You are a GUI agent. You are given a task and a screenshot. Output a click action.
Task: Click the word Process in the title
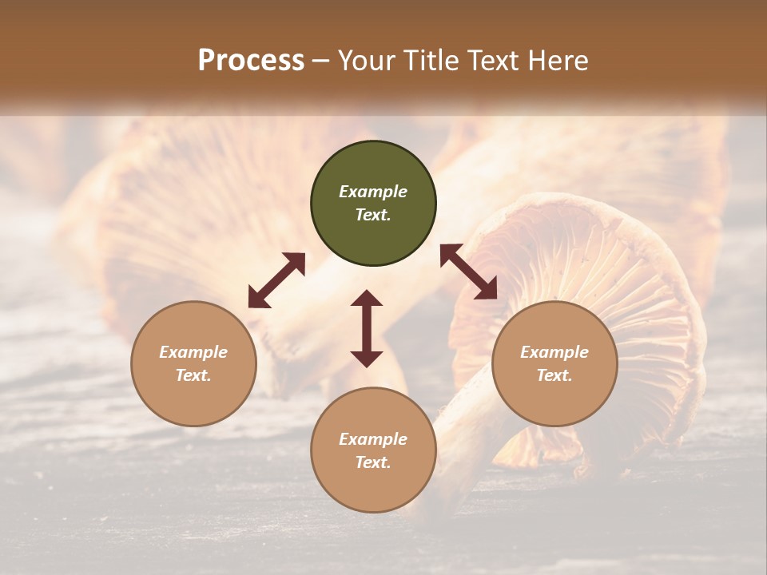(251, 61)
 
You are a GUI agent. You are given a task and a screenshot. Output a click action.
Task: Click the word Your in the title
(367, 61)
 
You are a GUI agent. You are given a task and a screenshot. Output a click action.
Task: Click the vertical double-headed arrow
(367, 328)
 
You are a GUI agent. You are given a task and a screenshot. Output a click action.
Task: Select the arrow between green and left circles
(276, 280)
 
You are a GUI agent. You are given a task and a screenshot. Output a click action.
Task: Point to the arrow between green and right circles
(469, 272)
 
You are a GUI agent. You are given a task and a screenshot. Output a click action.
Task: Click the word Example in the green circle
(373, 192)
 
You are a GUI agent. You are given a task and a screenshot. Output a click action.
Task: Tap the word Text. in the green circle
(373, 215)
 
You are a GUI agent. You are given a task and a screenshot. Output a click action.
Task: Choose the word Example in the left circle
(193, 352)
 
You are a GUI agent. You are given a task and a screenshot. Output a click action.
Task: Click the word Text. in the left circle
(193, 375)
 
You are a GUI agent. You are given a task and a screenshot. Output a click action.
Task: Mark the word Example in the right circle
(554, 352)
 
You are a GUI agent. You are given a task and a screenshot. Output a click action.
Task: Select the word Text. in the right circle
(554, 375)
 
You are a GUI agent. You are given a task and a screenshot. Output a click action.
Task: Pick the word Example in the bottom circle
(373, 439)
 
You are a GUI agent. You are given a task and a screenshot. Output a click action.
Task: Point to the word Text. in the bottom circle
(373, 462)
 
